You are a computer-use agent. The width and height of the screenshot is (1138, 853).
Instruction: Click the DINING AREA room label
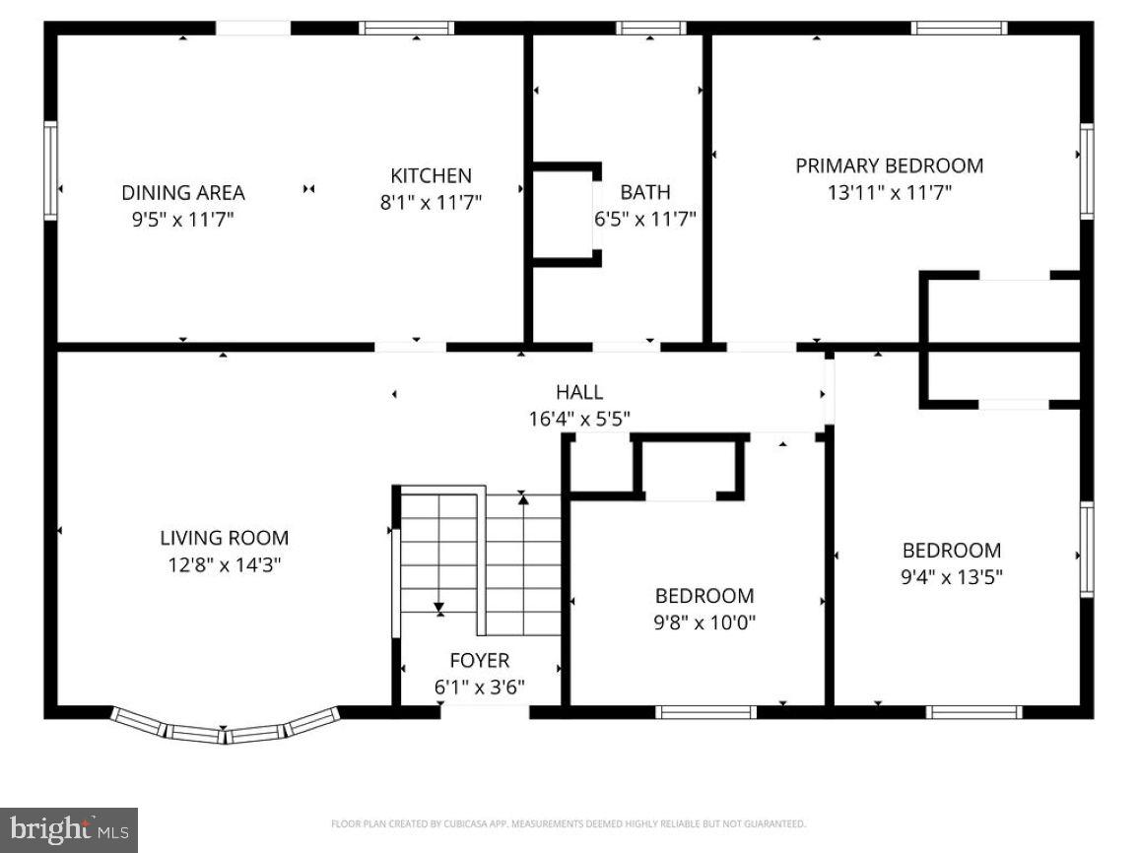pos(182,192)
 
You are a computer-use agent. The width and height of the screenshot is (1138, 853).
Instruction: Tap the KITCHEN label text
pos(431,175)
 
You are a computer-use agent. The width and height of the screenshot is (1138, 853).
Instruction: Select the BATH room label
pos(644,192)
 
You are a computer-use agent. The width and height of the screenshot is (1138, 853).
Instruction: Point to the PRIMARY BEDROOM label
pos(889,165)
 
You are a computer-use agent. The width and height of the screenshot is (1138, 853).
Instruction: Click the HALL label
pos(578,392)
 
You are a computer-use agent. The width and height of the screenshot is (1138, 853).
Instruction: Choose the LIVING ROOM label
pos(224,538)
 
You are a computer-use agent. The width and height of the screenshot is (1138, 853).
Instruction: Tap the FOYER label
pos(480,660)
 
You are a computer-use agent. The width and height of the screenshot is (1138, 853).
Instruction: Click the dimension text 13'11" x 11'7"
pos(889,193)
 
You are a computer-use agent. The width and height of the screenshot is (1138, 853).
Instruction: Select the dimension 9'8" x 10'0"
pos(704,623)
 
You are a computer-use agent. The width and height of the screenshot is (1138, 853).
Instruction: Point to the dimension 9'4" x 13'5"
pos(951,577)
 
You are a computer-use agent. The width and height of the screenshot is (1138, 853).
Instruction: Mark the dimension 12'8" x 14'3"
pos(224,565)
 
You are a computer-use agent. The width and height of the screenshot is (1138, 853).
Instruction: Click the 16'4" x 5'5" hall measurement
pos(578,419)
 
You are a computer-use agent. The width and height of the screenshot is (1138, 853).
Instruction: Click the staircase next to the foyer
pos(480,561)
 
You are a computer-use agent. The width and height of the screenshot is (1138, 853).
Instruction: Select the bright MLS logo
pos(69,829)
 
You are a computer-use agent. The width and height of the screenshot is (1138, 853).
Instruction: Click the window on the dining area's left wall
pos(50,169)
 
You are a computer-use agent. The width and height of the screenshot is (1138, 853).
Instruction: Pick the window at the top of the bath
pos(650,28)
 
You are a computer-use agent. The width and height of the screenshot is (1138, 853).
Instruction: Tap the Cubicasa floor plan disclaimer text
pos(569,823)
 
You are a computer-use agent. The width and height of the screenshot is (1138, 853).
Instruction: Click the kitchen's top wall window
pos(407,28)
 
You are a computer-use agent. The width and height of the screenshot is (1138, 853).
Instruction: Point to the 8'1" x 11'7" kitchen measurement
pos(431,203)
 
